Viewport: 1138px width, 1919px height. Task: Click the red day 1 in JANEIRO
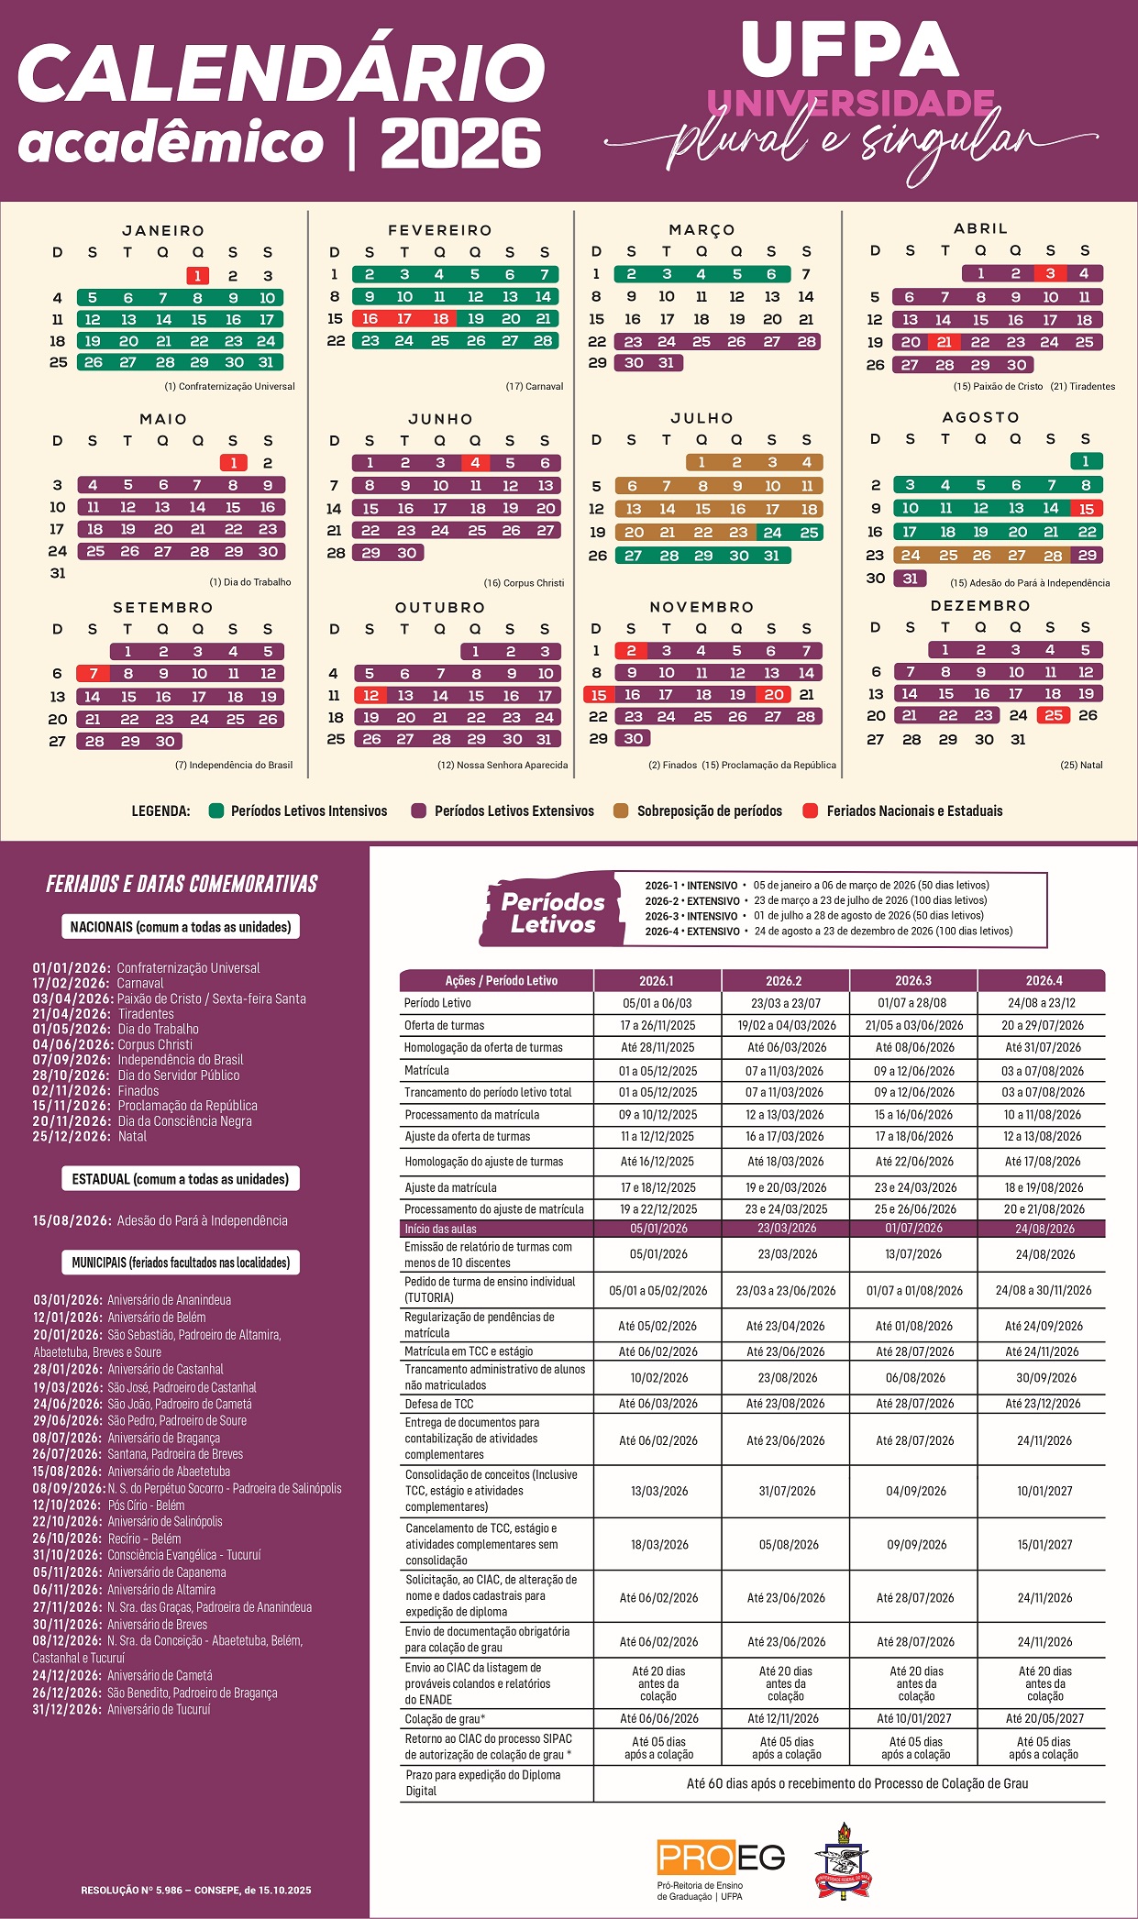(x=197, y=275)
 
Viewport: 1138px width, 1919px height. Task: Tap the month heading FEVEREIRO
(x=440, y=230)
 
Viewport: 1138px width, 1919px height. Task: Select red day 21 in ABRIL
(x=944, y=342)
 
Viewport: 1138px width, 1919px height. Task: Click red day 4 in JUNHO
(x=475, y=463)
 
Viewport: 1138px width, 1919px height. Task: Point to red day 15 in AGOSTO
(x=1087, y=509)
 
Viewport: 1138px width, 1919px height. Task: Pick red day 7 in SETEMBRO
(x=93, y=674)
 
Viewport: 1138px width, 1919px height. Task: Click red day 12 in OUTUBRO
(x=370, y=696)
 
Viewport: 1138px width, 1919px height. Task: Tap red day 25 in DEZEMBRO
(x=1054, y=715)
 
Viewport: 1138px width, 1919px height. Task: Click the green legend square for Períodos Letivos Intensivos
(x=216, y=811)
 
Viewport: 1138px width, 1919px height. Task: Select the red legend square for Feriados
(x=810, y=811)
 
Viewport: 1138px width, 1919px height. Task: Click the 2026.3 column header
(x=913, y=980)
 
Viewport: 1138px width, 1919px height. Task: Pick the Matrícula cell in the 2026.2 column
(x=785, y=1071)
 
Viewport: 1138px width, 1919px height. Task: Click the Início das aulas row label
(x=440, y=1229)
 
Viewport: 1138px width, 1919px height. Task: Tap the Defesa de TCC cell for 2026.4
(x=1043, y=1404)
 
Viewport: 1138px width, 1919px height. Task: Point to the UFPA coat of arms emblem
(x=843, y=1859)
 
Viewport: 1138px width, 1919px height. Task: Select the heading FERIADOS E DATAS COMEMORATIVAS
(x=182, y=884)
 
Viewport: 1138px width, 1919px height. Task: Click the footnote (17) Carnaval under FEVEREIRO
(x=535, y=386)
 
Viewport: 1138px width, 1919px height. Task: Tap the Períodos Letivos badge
(x=552, y=912)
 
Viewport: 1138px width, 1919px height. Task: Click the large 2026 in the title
(x=461, y=145)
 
